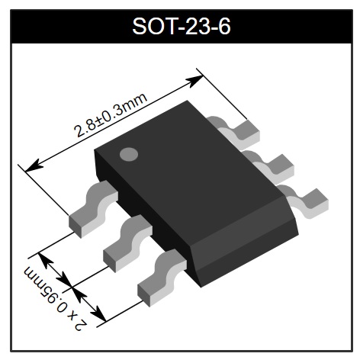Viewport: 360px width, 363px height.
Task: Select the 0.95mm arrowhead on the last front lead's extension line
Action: pyautogui.click(x=98, y=313)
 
